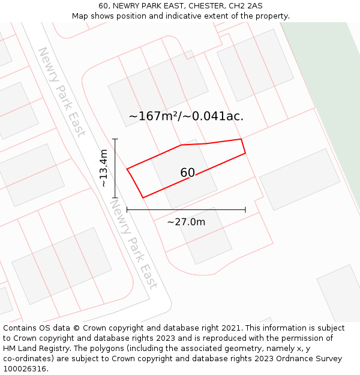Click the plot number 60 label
(187, 173)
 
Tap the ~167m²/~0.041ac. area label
(186, 116)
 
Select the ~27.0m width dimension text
(186, 222)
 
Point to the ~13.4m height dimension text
(104, 169)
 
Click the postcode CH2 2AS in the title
(246, 6)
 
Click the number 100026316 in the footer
(23, 368)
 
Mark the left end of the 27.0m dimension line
(127, 210)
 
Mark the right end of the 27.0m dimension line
(245, 210)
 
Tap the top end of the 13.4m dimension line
(115, 139)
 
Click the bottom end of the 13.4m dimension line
(115, 197)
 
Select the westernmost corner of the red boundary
(127, 169)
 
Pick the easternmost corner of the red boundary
(245, 153)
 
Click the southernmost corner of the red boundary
(143, 197)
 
